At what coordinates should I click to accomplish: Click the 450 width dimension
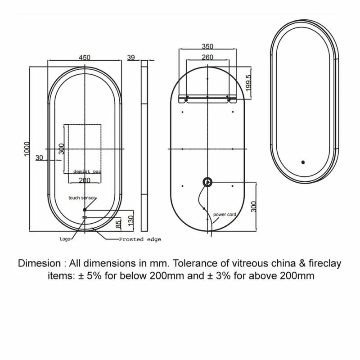click(85, 57)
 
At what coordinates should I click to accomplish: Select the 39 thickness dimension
click(131, 57)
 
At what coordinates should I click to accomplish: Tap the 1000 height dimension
click(27, 149)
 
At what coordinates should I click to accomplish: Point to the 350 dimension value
click(207, 46)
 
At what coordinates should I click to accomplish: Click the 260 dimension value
click(207, 57)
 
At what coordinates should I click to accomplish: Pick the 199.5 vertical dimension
click(249, 81)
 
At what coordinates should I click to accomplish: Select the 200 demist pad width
click(85, 180)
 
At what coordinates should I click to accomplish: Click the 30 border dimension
click(39, 157)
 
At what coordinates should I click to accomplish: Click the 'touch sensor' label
click(82, 198)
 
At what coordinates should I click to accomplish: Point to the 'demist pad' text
click(87, 172)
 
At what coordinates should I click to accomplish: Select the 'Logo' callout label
click(65, 239)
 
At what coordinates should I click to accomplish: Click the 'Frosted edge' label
click(140, 239)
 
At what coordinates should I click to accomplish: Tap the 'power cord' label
click(225, 215)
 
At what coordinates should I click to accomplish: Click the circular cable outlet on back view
click(207, 182)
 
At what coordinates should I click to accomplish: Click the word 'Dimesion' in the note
click(39, 263)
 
